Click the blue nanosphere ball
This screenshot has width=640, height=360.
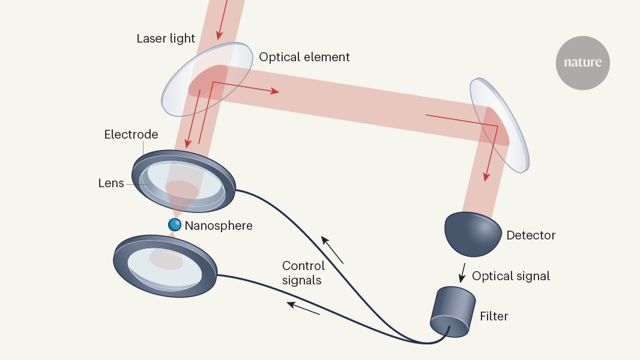click(175, 225)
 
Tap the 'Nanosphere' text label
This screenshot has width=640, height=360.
click(219, 226)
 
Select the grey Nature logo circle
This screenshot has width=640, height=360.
click(582, 62)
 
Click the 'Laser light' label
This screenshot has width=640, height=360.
click(166, 38)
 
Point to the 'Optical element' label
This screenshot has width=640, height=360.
click(304, 57)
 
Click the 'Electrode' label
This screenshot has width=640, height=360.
click(131, 134)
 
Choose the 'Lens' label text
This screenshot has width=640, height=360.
click(111, 183)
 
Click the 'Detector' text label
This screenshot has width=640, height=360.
click(531, 235)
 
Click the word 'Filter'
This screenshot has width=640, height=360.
click(494, 316)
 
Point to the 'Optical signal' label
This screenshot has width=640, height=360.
click(511, 276)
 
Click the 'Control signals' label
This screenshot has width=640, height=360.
click(303, 272)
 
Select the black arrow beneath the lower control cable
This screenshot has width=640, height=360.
click(303, 308)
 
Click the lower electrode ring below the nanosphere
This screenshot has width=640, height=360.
click(165, 265)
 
